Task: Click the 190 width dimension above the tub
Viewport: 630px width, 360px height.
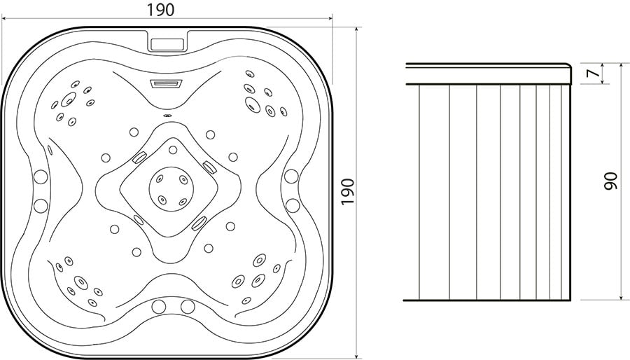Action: [x=160, y=10]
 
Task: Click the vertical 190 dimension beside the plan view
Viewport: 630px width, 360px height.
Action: [x=347, y=191]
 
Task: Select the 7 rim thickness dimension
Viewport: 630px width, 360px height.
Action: [x=591, y=73]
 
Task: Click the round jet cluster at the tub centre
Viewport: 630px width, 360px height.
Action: [x=171, y=189]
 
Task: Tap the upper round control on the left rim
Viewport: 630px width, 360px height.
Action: [x=41, y=176]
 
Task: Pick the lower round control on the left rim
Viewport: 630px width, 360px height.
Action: [x=41, y=205]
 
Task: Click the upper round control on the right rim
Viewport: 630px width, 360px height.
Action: [x=291, y=176]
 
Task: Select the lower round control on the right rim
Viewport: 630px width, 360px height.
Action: [x=293, y=205]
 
